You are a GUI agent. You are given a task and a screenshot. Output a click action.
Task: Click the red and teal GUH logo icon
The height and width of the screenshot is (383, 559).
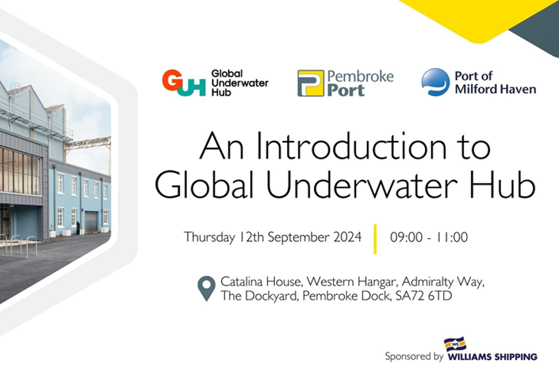(184, 83)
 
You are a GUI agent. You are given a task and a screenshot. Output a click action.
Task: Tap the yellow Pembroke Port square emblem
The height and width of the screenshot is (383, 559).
(311, 83)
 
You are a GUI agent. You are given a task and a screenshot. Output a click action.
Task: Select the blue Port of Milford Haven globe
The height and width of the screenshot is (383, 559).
(435, 82)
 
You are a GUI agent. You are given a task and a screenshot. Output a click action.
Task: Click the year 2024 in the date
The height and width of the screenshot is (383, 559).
(348, 237)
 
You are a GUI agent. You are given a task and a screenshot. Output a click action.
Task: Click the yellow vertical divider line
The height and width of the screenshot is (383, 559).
(375, 239)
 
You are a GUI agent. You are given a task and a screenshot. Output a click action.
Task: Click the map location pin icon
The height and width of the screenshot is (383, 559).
(206, 287)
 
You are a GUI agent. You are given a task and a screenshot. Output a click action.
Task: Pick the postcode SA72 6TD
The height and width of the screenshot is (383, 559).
(424, 296)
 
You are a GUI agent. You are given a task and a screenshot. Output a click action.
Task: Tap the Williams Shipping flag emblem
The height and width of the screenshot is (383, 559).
(455, 344)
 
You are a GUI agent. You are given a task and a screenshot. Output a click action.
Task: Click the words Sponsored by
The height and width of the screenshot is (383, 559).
(414, 357)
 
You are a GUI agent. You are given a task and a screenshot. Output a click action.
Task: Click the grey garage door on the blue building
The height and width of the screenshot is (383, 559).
(91, 222)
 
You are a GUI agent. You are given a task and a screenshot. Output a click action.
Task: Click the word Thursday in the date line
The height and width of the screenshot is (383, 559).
(209, 237)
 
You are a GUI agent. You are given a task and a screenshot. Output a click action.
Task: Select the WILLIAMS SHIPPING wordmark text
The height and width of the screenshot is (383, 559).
(493, 357)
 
